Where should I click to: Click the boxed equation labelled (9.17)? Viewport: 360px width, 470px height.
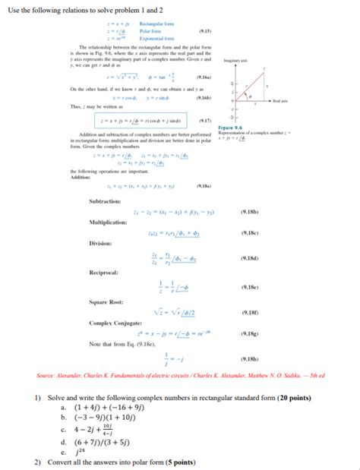(x=144, y=120)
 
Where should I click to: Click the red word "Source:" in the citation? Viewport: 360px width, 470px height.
(x=46, y=376)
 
